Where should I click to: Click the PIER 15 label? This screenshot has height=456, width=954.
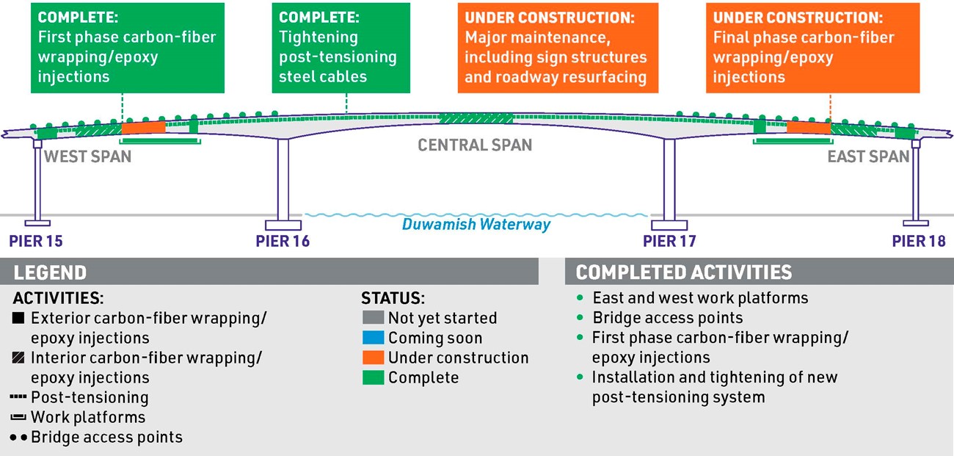(37, 240)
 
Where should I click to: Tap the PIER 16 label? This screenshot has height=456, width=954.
(283, 240)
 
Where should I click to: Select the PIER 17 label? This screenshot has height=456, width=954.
(669, 240)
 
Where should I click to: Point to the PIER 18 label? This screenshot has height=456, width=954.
(918, 240)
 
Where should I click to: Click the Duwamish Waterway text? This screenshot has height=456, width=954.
(476, 224)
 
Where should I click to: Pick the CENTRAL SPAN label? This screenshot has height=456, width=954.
(475, 145)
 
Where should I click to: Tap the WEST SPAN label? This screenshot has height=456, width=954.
(87, 156)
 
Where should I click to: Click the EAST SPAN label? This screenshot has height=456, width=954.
(868, 156)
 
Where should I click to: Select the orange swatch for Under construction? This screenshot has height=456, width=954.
(374, 358)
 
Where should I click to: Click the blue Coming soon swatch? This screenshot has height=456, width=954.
(374, 338)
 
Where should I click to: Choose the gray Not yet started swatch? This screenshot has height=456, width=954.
(374, 318)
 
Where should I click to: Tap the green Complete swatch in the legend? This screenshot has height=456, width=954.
(374, 377)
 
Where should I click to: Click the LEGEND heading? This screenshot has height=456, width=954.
(50, 272)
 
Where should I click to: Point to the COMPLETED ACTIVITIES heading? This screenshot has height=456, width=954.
(683, 272)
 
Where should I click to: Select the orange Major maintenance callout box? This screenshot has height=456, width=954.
(556, 48)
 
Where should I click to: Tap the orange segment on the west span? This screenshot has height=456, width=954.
(143, 128)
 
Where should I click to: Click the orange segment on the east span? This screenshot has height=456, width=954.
(808, 128)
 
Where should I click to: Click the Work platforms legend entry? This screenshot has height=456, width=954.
(87, 417)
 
